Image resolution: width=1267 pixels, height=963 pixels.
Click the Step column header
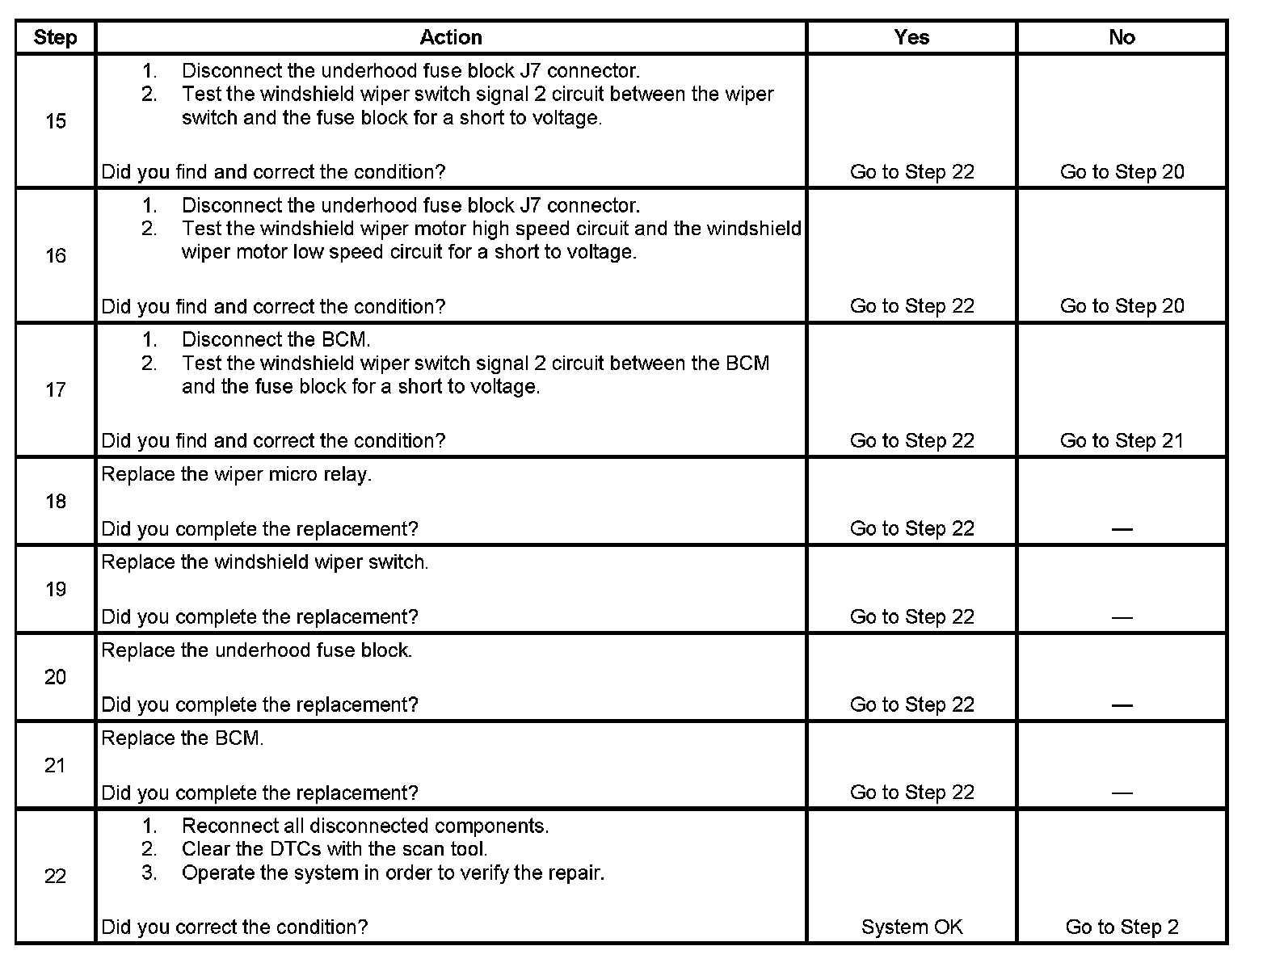pos(55,37)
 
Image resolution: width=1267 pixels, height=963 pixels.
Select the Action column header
pos(451,37)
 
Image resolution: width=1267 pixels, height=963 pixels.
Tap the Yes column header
pos(911,37)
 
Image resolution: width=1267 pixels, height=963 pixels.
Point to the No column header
pos(1122,37)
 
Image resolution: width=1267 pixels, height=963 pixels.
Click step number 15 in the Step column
pos(55,121)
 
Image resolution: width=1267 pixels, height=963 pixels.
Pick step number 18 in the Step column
pos(55,502)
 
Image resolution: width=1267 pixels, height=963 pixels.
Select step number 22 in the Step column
pos(55,876)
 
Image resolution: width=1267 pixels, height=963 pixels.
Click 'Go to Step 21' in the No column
pos(1122,440)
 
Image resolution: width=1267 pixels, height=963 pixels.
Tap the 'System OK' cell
pos(911,927)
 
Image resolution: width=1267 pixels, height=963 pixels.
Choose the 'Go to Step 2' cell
pos(1122,927)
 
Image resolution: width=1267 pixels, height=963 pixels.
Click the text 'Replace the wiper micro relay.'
pos(236,474)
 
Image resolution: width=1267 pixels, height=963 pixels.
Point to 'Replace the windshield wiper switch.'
pos(264,562)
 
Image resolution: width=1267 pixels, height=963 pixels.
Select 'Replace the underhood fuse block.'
pos(256,650)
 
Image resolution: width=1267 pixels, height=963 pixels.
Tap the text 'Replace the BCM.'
pos(182,738)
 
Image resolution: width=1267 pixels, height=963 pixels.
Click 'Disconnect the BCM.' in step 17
pos(276,339)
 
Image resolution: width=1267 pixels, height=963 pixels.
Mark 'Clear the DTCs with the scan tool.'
pos(334,849)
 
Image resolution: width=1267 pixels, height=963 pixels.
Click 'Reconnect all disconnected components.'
pos(364,826)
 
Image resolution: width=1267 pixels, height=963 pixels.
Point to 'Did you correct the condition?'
pos(234,927)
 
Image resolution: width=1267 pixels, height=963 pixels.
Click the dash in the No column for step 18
pos(1122,529)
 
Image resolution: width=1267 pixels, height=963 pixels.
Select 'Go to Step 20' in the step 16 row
pos(1122,306)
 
